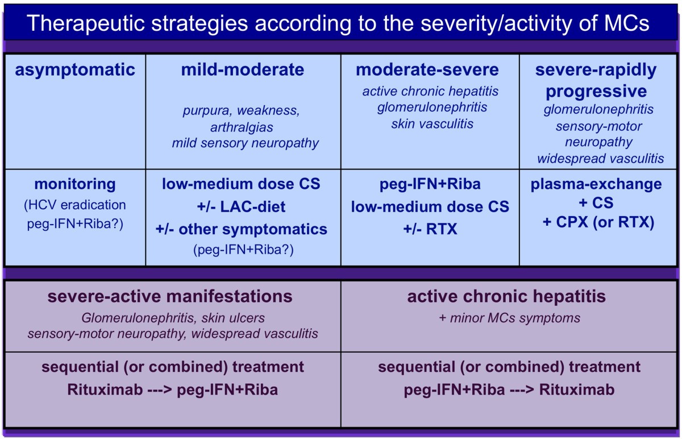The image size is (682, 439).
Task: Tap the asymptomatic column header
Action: point(75,70)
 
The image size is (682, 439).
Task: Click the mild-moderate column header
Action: point(243,70)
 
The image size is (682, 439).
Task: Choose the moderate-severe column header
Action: point(427,70)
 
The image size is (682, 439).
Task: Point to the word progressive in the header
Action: point(596,92)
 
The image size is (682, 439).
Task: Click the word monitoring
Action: point(75,184)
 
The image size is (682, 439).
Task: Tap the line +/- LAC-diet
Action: point(241,207)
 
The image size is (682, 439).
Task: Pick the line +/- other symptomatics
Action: point(241,230)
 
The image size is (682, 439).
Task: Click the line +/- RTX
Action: point(430,229)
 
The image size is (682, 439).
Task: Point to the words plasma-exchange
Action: point(596,184)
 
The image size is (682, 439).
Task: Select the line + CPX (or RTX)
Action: point(598,222)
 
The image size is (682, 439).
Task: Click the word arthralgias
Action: point(242,127)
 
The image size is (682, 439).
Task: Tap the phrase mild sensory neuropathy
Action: point(246,143)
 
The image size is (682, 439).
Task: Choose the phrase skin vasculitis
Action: point(433,124)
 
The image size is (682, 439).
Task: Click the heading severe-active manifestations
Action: point(170,296)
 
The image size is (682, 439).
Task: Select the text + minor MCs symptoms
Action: point(510,318)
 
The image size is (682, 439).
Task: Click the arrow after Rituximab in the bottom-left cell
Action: point(160,390)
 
